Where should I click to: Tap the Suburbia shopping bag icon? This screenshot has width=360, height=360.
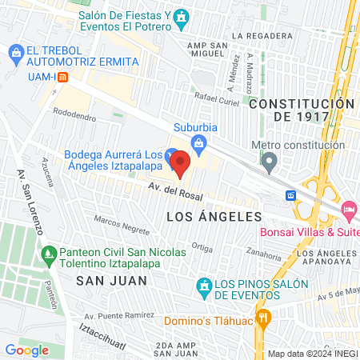(x=200, y=143)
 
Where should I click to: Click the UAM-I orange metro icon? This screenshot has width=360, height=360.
(x=63, y=77)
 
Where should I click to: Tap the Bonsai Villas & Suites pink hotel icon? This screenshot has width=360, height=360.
(x=349, y=210)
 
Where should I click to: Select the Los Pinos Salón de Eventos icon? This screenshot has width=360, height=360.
(x=204, y=286)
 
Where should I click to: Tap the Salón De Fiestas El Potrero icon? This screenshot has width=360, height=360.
(x=182, y=17)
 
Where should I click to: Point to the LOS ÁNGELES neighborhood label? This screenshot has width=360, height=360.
(x=214, y=217)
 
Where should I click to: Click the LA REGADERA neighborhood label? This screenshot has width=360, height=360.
(x=261, y=36)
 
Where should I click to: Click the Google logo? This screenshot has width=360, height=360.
(x=26, y=350)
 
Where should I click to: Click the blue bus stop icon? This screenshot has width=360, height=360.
(x=291, y=195)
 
